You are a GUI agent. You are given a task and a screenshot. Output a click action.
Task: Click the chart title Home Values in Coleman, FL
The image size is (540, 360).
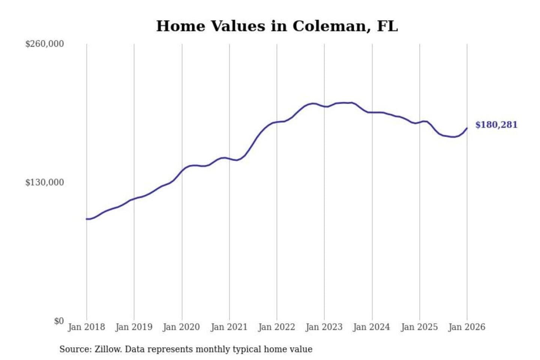(x=277, y=26)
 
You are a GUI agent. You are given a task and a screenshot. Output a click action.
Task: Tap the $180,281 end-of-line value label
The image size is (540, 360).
(x=496, y=125)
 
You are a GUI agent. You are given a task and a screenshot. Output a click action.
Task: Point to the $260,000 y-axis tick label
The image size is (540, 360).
(x=44, y=44)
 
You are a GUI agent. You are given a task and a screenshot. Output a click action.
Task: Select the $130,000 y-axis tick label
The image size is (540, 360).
(x=44, y=183)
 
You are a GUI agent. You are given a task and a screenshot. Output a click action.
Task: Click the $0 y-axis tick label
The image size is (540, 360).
(x=59, y=321)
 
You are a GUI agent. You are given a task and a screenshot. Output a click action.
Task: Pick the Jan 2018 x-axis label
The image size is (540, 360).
(x=86, y=327)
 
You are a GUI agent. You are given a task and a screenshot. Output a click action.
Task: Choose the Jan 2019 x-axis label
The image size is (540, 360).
(x=134, y=327)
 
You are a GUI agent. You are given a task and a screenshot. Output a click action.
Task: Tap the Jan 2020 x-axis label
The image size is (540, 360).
(x=181, y=327)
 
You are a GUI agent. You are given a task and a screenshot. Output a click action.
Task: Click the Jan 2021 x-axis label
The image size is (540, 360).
(x=229, y=327)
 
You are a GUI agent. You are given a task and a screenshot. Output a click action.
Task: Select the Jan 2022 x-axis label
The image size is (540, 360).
(x=277, y=327)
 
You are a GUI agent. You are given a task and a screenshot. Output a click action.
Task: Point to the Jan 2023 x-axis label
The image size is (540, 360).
(x=324, y=327)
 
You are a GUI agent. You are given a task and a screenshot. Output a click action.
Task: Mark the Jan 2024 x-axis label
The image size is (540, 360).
(x=372, y=327)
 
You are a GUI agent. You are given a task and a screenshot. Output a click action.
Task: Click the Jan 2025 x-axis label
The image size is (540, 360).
(x=419, y=327)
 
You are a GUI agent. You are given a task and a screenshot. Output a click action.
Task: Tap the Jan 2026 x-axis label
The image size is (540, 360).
(x=467, y=327)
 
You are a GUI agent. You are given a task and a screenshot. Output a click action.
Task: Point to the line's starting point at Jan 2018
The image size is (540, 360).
(x=87, y=219)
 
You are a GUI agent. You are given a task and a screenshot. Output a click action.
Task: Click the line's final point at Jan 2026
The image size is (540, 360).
(x=467, y=128)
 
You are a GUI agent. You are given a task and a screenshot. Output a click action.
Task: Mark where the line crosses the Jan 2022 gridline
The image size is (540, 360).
(x=277, y=122)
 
